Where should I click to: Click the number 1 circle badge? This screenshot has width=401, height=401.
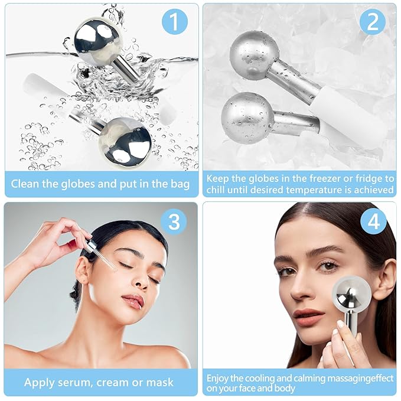(174, 22)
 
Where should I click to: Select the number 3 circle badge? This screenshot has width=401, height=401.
(174, 221)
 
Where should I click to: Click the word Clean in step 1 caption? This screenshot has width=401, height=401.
(27, 184)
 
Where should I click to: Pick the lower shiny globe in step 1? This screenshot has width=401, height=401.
(125, 141)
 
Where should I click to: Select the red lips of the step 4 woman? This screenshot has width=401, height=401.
(308, 313)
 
